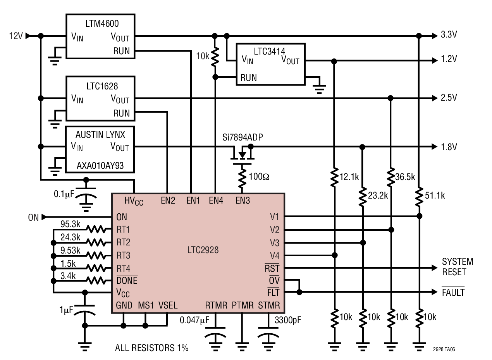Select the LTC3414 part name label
[x=270, y=51]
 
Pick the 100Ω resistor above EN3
[x=243, y=178]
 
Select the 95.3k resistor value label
[x=71, y=224]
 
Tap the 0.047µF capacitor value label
[x=195, y=320]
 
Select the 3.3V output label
[x=449, y=35]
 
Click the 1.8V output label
[x=449, y=147]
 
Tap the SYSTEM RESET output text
[x=458, y=267]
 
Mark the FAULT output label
[x=453, y=293]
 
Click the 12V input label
[x=16, y=36]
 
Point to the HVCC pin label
[x=134, y=201]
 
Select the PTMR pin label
[x=242, y=306]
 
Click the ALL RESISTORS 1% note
[x=151, y=348]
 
